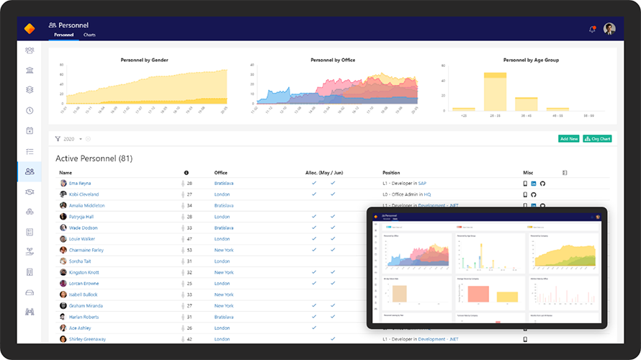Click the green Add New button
coord(568,138)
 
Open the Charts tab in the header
coord(89,35)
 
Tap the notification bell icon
coord(592,29)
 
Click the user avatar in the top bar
coord(609,29)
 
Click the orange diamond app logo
coord(29,29)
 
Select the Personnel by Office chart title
coord(332,60)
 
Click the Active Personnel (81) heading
coord(94,158)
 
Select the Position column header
coord(391,173)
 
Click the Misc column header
coord(528,173)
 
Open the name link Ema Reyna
coord(80,184)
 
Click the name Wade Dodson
coord(83,228)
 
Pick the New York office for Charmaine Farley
coord(224,250)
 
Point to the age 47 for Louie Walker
coord(189,239)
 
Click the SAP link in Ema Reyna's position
coord(422,184)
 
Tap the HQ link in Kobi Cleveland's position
coord(427,194)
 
